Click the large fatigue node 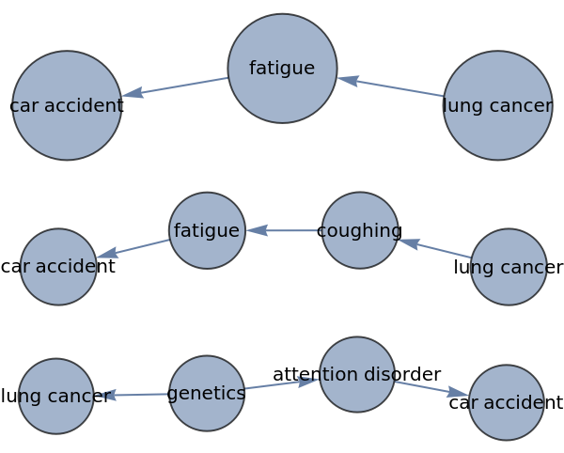(x=282, y=69)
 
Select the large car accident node (x=67, y=105)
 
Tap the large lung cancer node (x=497, y=105)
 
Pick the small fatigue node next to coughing (x=207, y=230)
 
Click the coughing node (x=360, y=230)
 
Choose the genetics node (x=207, y=393)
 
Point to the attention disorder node (x=357, y=374)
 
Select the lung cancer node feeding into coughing (x=509, y=267)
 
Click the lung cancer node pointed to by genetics (x=56, y=396)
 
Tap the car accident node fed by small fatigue (x=58, y=267)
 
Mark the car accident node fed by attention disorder (x=507, y=402)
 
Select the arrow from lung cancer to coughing (x=434, y=249)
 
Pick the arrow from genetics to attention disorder (x=281, y=383)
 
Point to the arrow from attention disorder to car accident (x=431, y=388)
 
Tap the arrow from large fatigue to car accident (x=175, y=86)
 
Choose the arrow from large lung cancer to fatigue (x=390, y=86)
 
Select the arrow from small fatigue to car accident (x=133, y=248)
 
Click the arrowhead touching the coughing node (x=407, y=242)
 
